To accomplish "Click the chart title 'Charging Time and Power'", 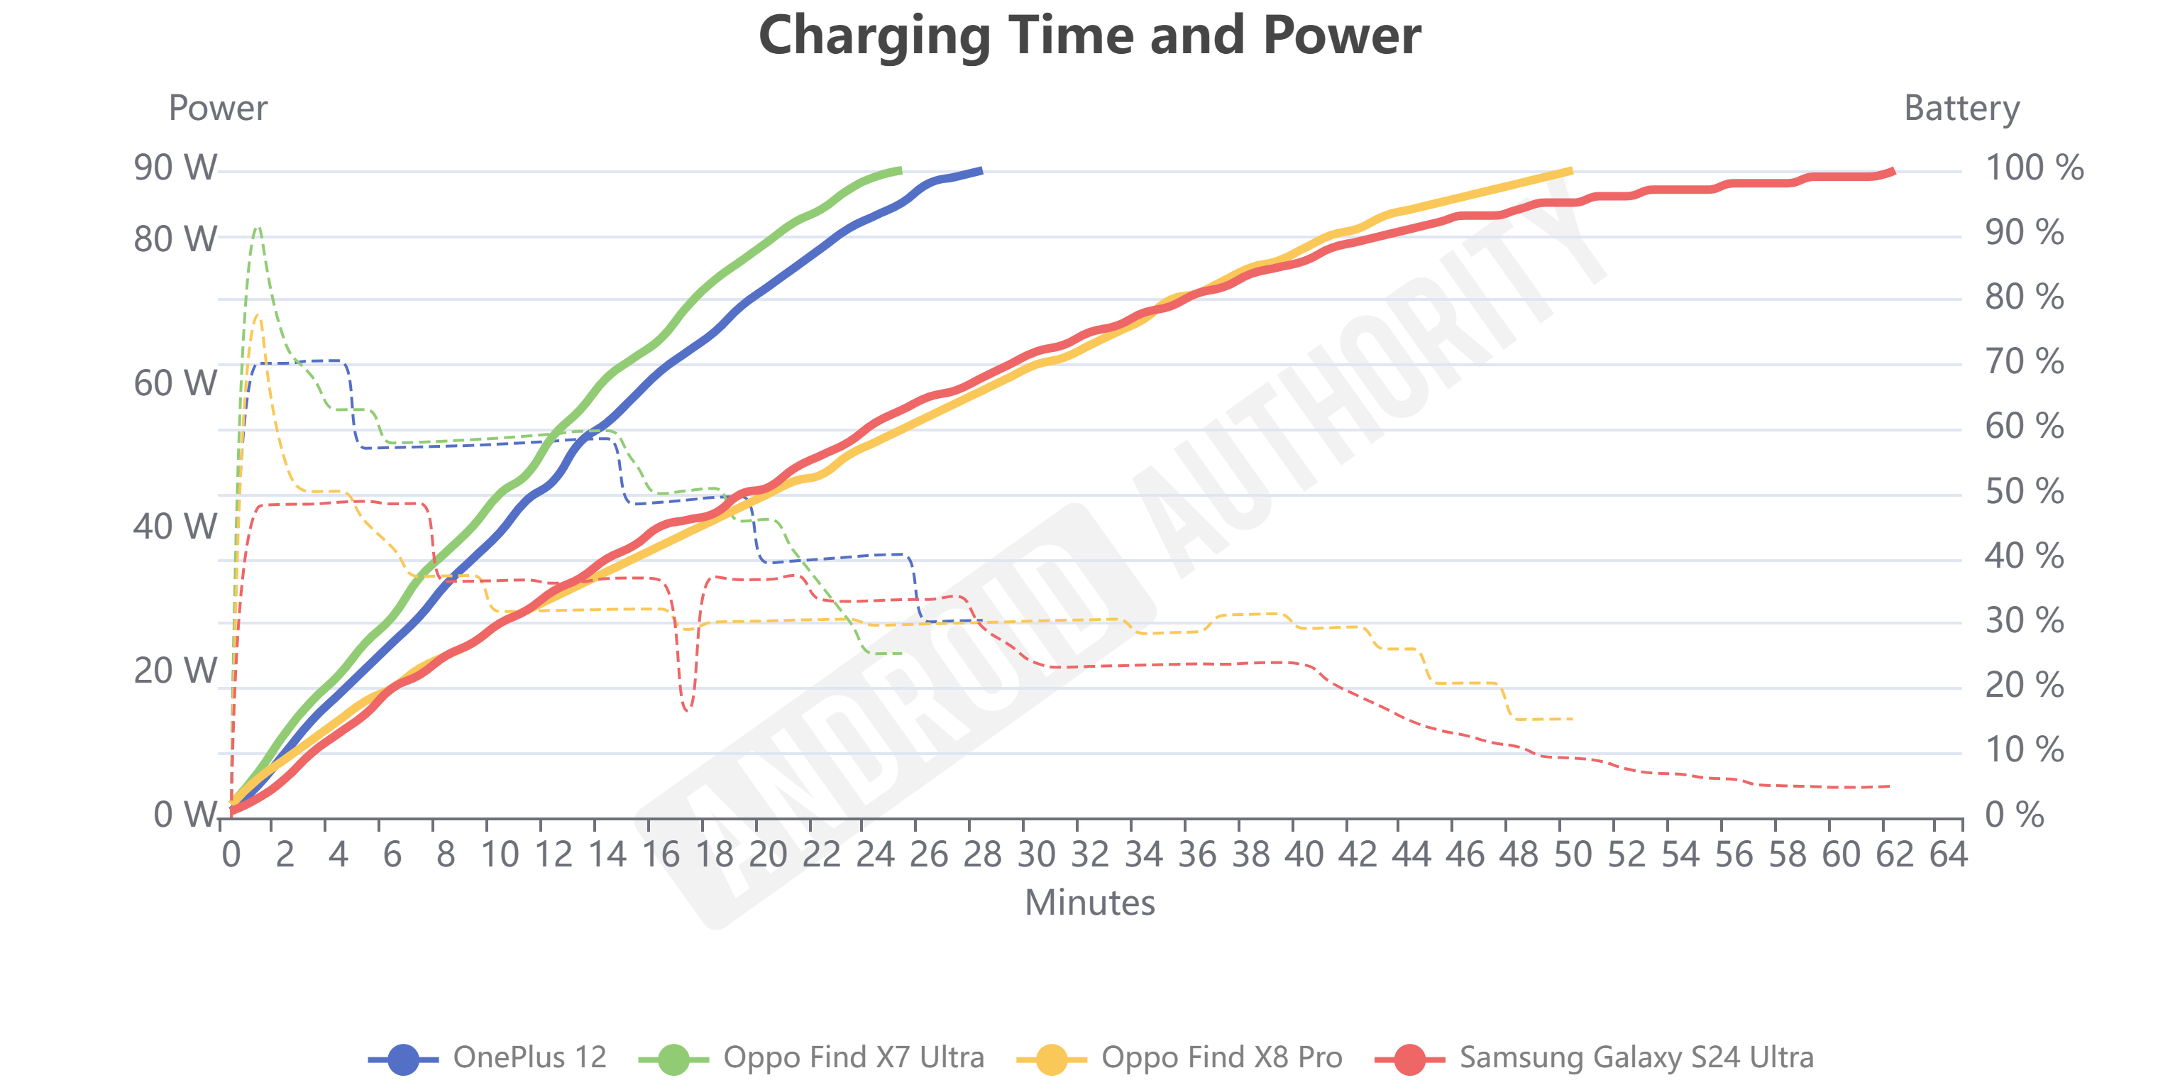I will (1090, 35).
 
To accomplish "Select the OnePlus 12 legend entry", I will (488, 1058).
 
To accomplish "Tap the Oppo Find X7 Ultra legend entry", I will (810, 1058).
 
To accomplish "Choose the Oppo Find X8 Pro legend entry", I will (1179, 1058).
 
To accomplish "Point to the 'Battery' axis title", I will (1961, 109).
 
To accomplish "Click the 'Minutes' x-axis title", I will (1089, 903).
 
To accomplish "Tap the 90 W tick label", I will (175, 167).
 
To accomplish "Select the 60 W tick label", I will (175, 383).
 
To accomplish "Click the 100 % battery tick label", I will (2034, 167).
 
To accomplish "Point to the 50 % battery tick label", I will (2023, 491).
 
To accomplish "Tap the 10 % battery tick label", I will (2023, 750).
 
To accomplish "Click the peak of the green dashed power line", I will (258, 227).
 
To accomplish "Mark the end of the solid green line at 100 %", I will (901, 171).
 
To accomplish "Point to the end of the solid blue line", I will (981, 171).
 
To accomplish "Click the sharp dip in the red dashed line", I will (686, 709).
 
